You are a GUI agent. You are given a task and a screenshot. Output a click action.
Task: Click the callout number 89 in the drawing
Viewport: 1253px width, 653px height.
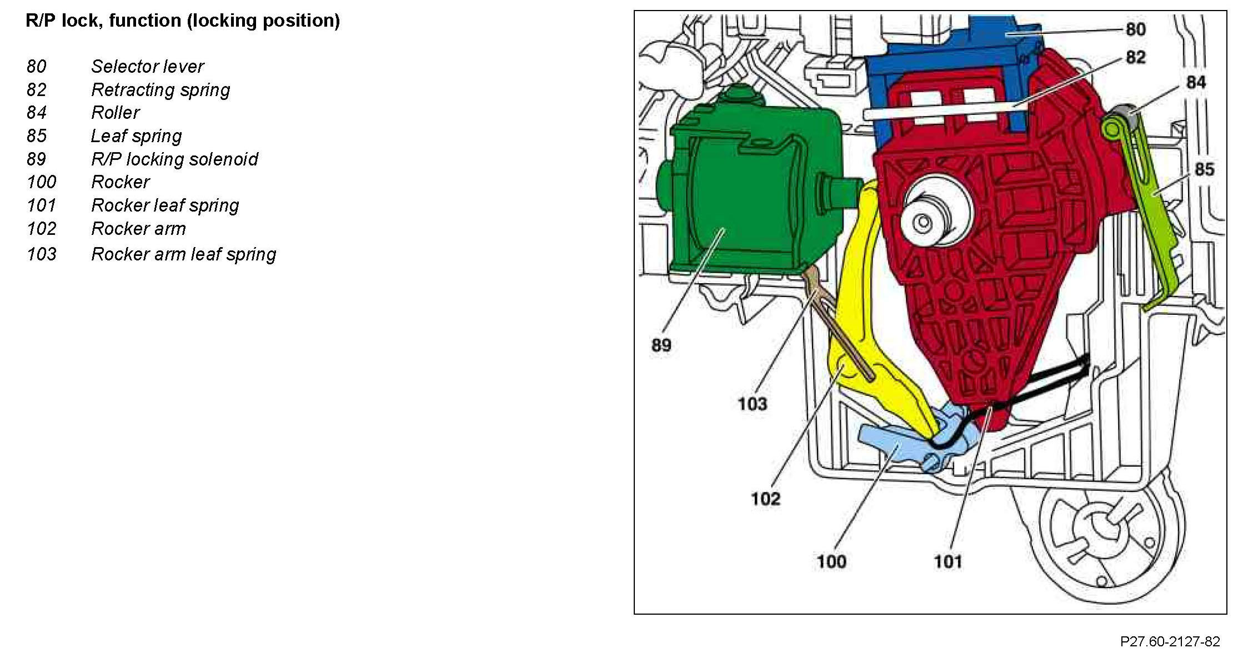661,345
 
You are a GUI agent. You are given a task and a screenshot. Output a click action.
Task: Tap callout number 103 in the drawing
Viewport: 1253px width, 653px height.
752,404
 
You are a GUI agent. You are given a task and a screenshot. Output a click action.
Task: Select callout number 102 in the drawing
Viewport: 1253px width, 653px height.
765,499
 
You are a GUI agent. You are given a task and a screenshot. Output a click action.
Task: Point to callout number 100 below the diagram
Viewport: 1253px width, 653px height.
831,561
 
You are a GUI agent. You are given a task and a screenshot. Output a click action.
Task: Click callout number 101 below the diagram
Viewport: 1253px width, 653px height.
948,561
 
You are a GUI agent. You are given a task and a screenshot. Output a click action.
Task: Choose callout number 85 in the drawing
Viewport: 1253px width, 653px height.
1204,169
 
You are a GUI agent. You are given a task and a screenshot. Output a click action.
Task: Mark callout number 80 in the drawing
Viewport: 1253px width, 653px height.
1136,29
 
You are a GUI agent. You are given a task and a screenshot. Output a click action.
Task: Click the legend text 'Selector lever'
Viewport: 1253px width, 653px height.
148,67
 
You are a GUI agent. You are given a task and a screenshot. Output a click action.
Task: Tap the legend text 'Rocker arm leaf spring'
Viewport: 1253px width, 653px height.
183,254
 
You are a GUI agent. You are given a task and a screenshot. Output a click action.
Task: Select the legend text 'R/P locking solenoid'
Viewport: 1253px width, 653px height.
174,159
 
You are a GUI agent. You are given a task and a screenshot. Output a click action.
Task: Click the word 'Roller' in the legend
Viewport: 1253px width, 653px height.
115,113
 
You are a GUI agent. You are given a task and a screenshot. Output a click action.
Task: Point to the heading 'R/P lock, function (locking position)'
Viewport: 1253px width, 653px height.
183,21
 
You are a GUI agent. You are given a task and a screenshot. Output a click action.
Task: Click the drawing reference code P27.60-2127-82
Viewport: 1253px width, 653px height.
1170,642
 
